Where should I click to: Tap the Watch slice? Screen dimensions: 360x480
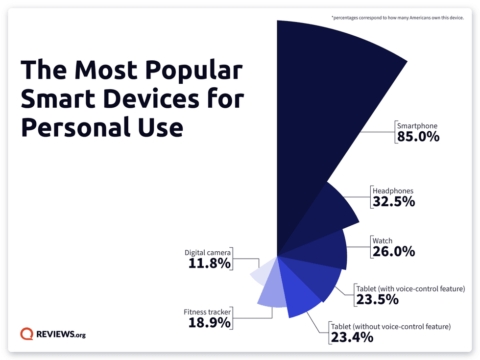tap(323, 250)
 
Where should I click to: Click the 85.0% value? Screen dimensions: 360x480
tap(418, 137)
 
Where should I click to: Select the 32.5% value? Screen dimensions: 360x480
tap(394, 201)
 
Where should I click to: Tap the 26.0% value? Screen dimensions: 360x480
tap(394, 251)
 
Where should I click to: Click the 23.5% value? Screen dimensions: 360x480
tap(377, 299)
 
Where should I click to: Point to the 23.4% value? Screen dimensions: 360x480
tap(352, 337)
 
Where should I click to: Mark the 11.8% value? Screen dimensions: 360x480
tap(209, 263)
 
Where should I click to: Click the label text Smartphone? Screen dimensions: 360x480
tap(417, 126)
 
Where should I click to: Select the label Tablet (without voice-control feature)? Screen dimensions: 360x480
tap(390, 326)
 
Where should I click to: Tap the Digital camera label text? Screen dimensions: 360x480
tap(207, 253)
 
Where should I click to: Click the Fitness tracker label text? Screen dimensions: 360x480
tap(207, 312)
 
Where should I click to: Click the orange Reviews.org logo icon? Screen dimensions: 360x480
tap(26, 334)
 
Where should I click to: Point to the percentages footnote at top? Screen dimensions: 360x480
tap(397, 18)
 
